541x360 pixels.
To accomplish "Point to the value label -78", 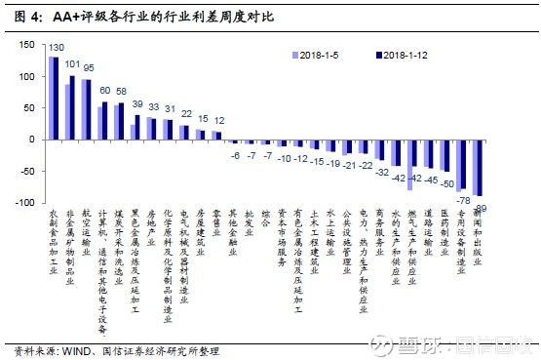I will [x=466, y=200].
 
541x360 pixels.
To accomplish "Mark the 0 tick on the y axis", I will [x=32, y=140].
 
